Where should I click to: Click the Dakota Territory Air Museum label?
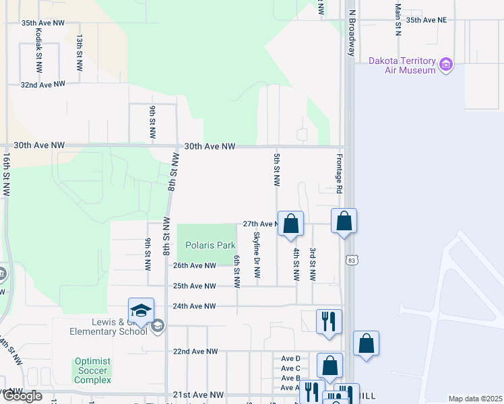click(402, 65)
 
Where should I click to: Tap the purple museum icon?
click(445, 65)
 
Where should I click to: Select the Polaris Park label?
click(206, 245)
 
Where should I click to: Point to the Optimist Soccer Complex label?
click(92, 370)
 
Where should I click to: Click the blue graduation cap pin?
click(141, 311)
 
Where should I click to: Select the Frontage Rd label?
click(340, 173)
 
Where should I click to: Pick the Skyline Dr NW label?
click(257, 255)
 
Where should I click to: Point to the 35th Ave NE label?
click(426, 20)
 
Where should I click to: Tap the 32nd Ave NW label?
click(42, 85)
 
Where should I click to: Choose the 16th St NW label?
click(6, 174)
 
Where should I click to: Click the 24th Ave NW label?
click(194, 306)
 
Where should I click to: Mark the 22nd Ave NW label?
click(195, 351)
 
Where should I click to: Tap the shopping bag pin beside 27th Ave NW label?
click(290, 224)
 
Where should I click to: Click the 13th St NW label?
click(80, 53)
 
